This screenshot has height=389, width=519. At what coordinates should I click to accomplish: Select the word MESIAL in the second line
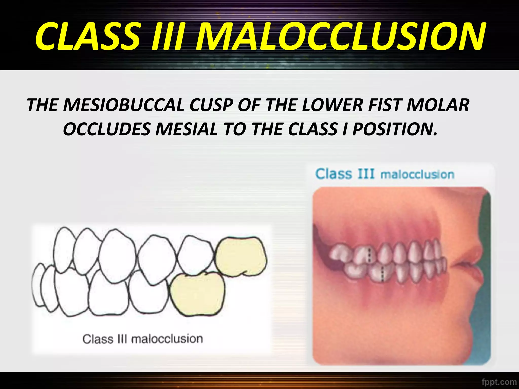(186, 129)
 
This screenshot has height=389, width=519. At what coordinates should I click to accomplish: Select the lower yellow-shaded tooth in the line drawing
(197, 294)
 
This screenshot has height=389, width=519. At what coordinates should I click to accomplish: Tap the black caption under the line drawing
(143, 339)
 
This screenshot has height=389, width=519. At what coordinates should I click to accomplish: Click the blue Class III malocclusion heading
(384, 174)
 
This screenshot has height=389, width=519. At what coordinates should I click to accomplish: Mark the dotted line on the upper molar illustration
(369, 255)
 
